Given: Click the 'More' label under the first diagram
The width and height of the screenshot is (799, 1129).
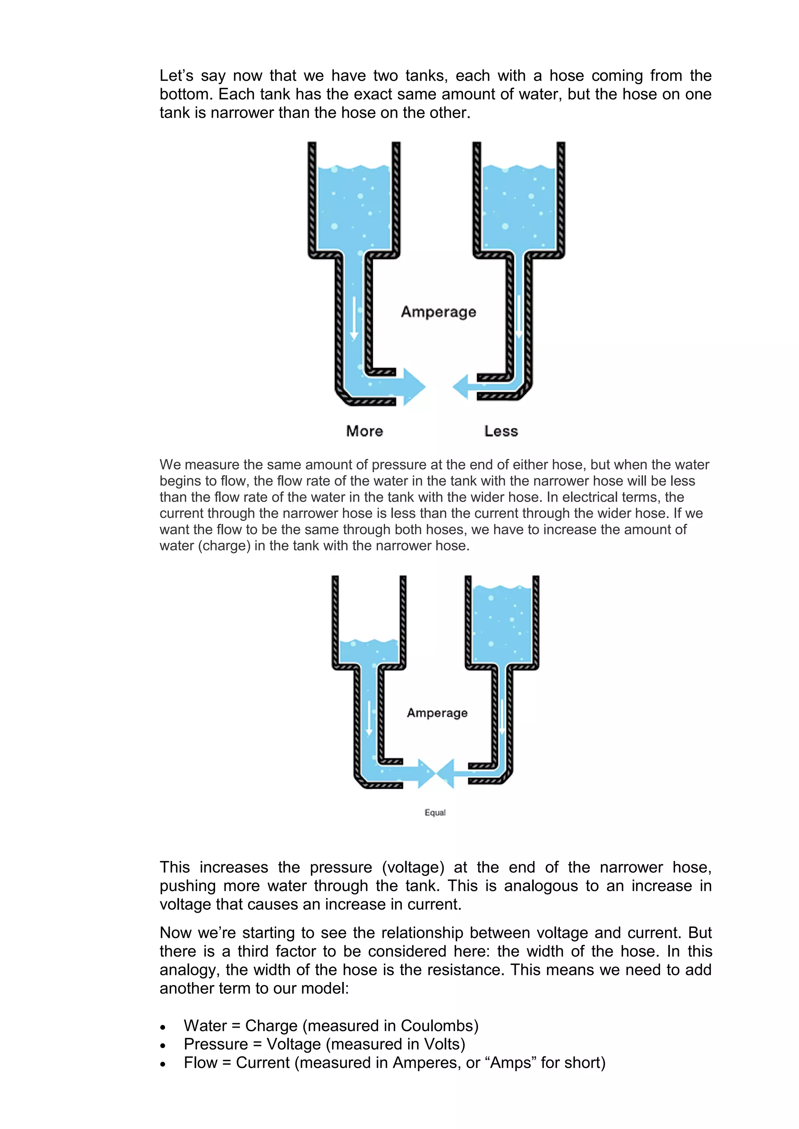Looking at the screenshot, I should pos(364,431).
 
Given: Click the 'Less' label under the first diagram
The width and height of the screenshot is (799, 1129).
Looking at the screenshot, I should pos(501,431).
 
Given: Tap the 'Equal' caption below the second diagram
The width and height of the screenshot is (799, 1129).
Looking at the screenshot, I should pos(435,812).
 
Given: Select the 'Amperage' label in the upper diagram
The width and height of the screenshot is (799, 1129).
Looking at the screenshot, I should pos(439,312).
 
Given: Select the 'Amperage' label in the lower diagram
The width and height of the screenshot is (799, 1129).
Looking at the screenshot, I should pos(437,713).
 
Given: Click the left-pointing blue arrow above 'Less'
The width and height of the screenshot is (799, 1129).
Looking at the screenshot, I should pos(462,386).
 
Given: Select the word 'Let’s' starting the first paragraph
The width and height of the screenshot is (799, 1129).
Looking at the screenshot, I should pos(175,76).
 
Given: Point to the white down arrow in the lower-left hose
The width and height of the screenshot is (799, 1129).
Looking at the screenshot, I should pos(369,718).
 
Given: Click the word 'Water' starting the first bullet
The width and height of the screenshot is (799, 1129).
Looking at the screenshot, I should pos(205,1026).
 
